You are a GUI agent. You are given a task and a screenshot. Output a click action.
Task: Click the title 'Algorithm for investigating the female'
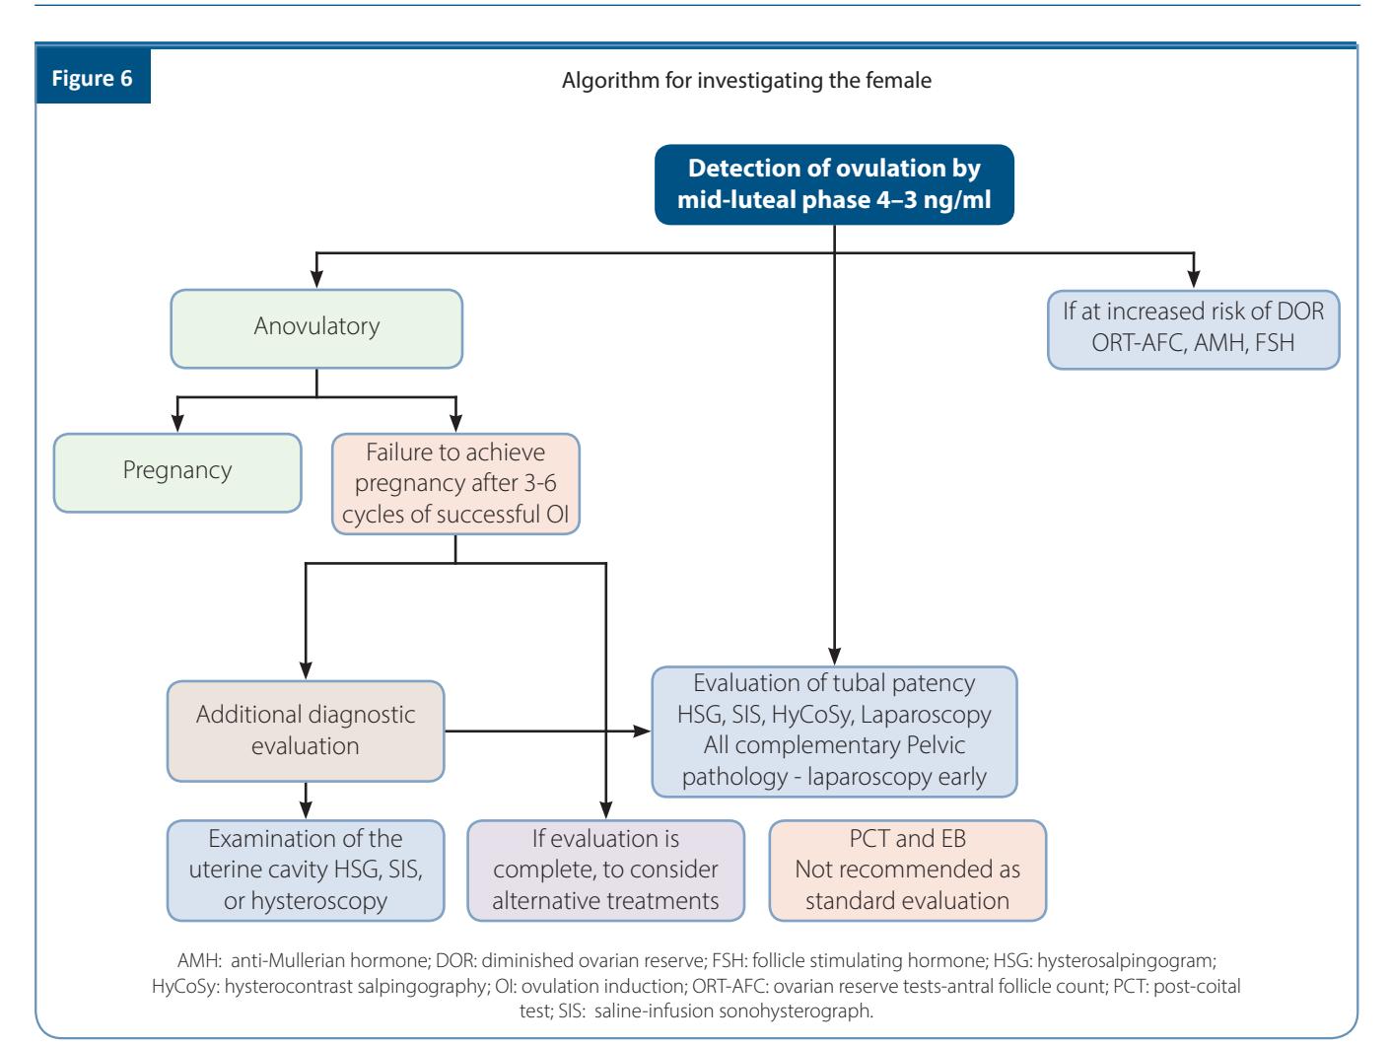tap(746, 80)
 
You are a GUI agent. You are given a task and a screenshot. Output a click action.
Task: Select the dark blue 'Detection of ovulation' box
tap(834, 184)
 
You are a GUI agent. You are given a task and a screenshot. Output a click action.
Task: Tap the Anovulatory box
tap(316, 328)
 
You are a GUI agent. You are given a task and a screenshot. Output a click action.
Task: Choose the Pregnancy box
tap(177, 472)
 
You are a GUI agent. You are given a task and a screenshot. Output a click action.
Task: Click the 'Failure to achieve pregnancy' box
tap(455, 483)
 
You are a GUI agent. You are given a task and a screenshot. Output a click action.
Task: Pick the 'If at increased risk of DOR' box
tap(1194, 329)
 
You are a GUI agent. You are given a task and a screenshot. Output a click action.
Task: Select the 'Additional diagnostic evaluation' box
tap(306, 731)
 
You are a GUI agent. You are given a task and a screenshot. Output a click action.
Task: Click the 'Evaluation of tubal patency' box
tap(834, 731)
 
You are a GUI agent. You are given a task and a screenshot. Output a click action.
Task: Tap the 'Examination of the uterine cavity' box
tap(306, 871)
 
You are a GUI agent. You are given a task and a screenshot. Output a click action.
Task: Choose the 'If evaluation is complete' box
tap(605, 871)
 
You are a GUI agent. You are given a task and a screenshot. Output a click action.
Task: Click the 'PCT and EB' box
tap(908, 871)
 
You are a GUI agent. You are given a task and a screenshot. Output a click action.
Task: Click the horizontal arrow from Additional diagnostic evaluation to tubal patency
tap(548, 731)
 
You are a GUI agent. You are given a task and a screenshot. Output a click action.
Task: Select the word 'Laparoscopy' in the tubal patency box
tap(926, 715)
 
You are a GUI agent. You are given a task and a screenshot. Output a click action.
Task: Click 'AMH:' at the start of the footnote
tap(199, 960)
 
